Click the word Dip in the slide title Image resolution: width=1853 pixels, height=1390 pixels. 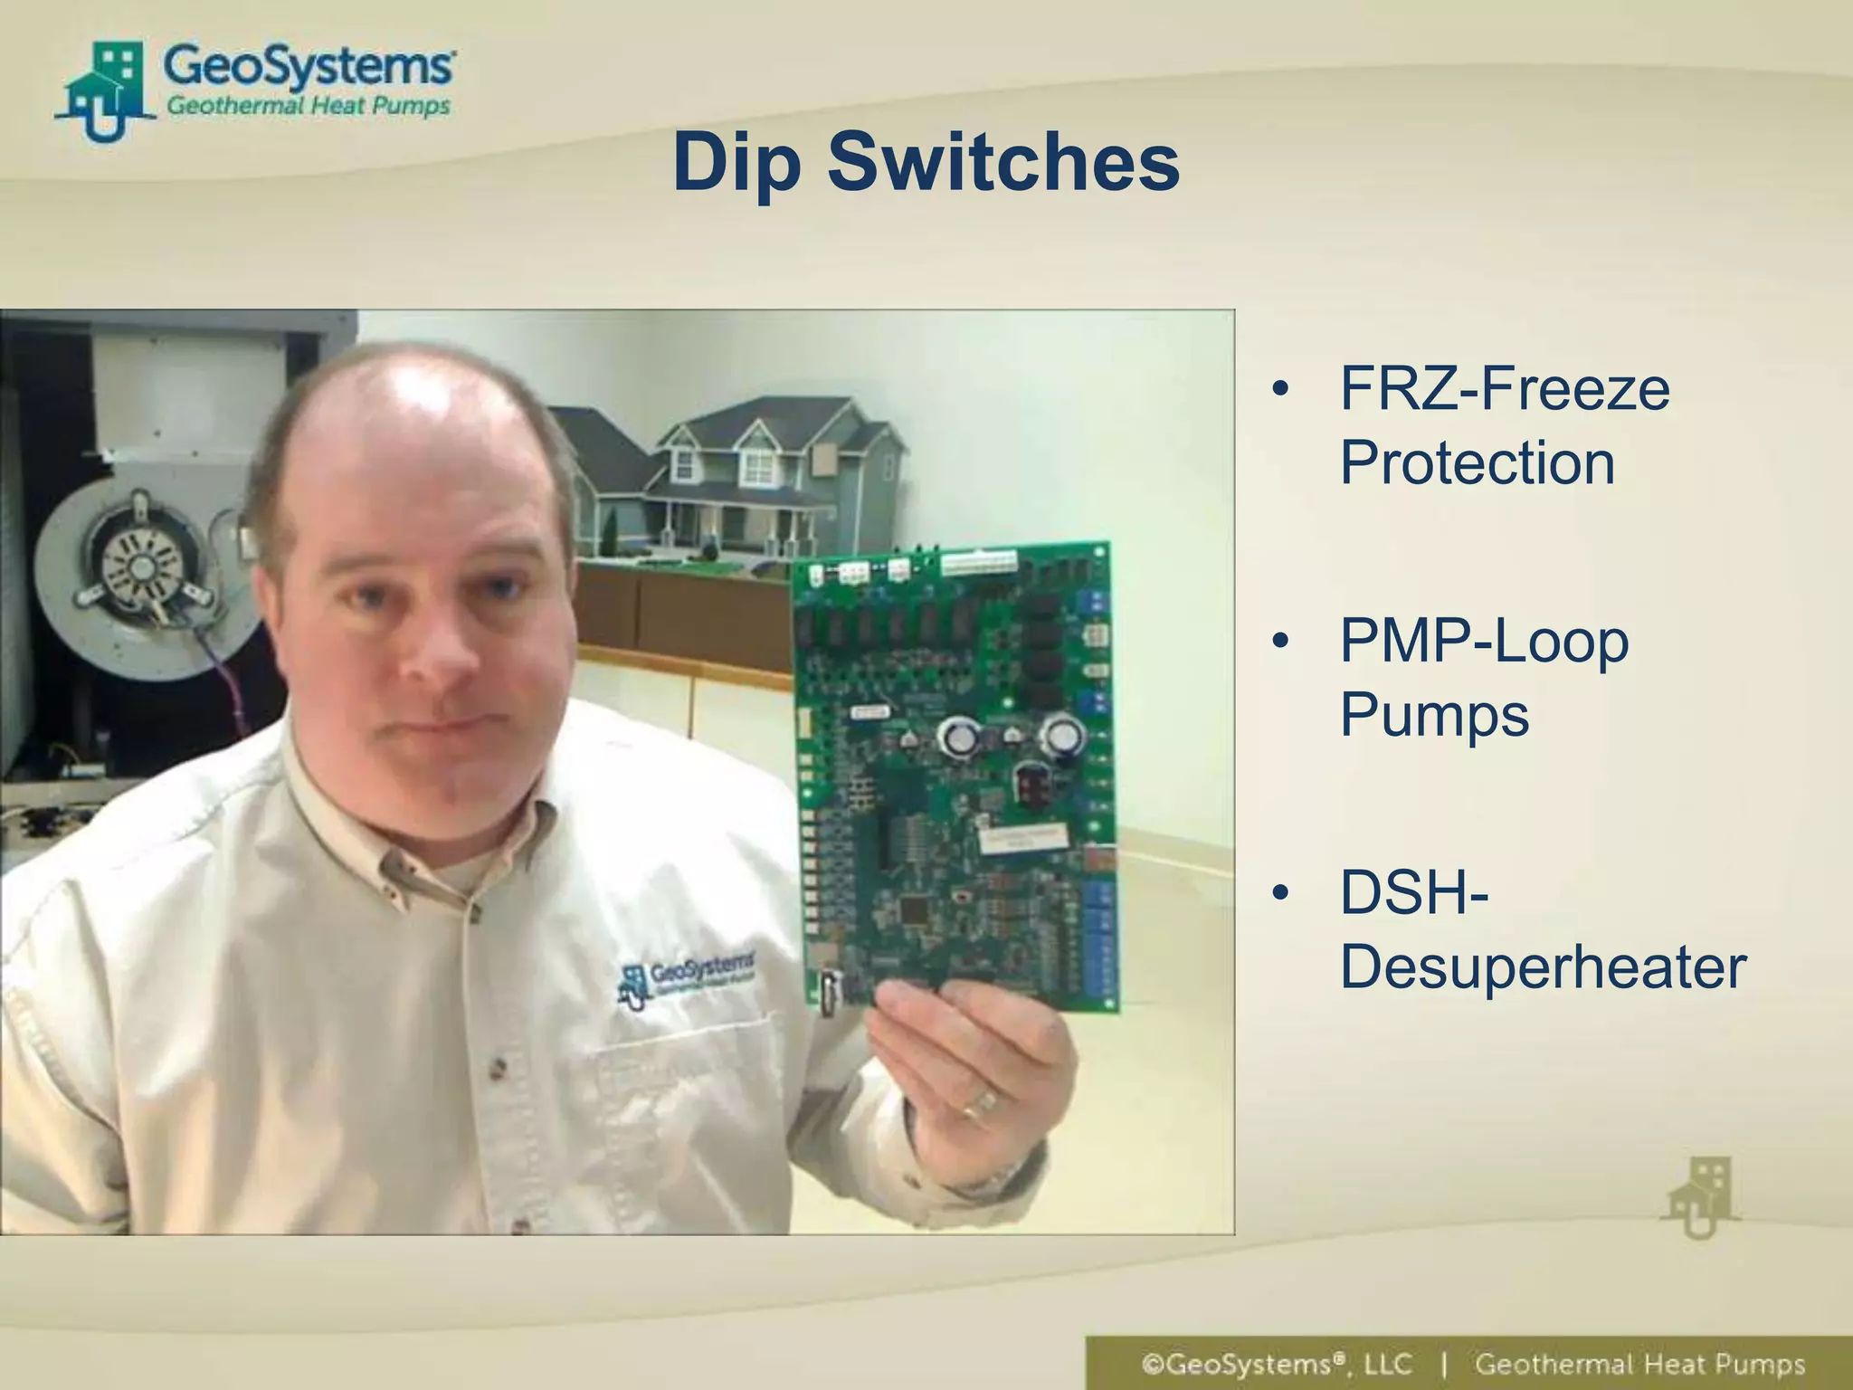tap(736, 163)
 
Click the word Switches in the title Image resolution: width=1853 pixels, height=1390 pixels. tap(1003, 163)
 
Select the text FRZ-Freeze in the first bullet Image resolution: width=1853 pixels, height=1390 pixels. tap(1504, 389)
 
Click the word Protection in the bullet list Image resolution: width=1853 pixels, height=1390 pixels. tap(1477, 463)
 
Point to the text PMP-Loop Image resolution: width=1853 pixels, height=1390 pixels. tap(1484, 641)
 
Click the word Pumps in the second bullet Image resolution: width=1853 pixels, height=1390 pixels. tap(1434, 715)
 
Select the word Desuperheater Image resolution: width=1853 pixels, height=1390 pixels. tap(1543, 966)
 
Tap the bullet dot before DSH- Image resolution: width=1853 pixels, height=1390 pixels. tap(1279, 893)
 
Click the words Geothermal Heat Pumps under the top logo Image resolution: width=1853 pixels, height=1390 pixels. tap(308, 107)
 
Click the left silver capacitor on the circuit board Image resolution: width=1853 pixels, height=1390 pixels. tap(958, 737)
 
